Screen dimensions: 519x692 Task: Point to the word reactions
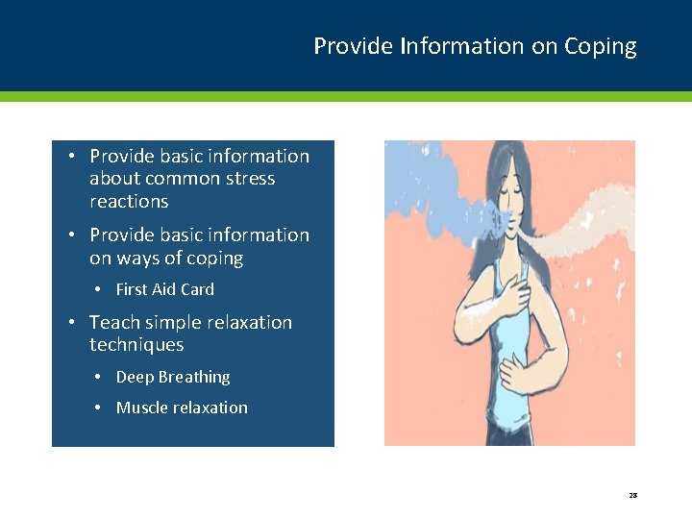pos(129,202)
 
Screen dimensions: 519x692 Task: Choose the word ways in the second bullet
pos(139,259)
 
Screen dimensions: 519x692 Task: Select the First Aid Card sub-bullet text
pos(164,289)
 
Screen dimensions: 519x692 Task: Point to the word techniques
pos(136,345)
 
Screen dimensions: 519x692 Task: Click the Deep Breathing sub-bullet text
pos(173,378)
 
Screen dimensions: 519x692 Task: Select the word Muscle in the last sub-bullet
pos(141,408)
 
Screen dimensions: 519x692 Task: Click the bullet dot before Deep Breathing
pos(99,377)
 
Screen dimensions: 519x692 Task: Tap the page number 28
pos(632,495)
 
